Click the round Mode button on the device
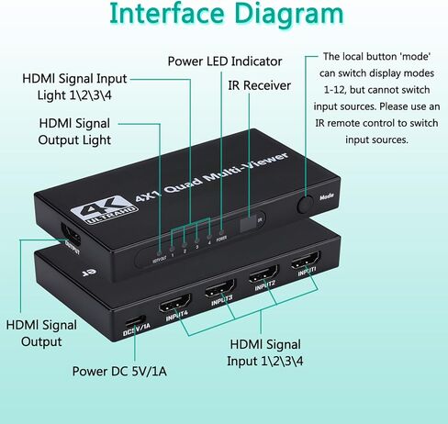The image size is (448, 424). (306, 201)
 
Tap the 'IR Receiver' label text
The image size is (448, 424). (260, 85)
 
